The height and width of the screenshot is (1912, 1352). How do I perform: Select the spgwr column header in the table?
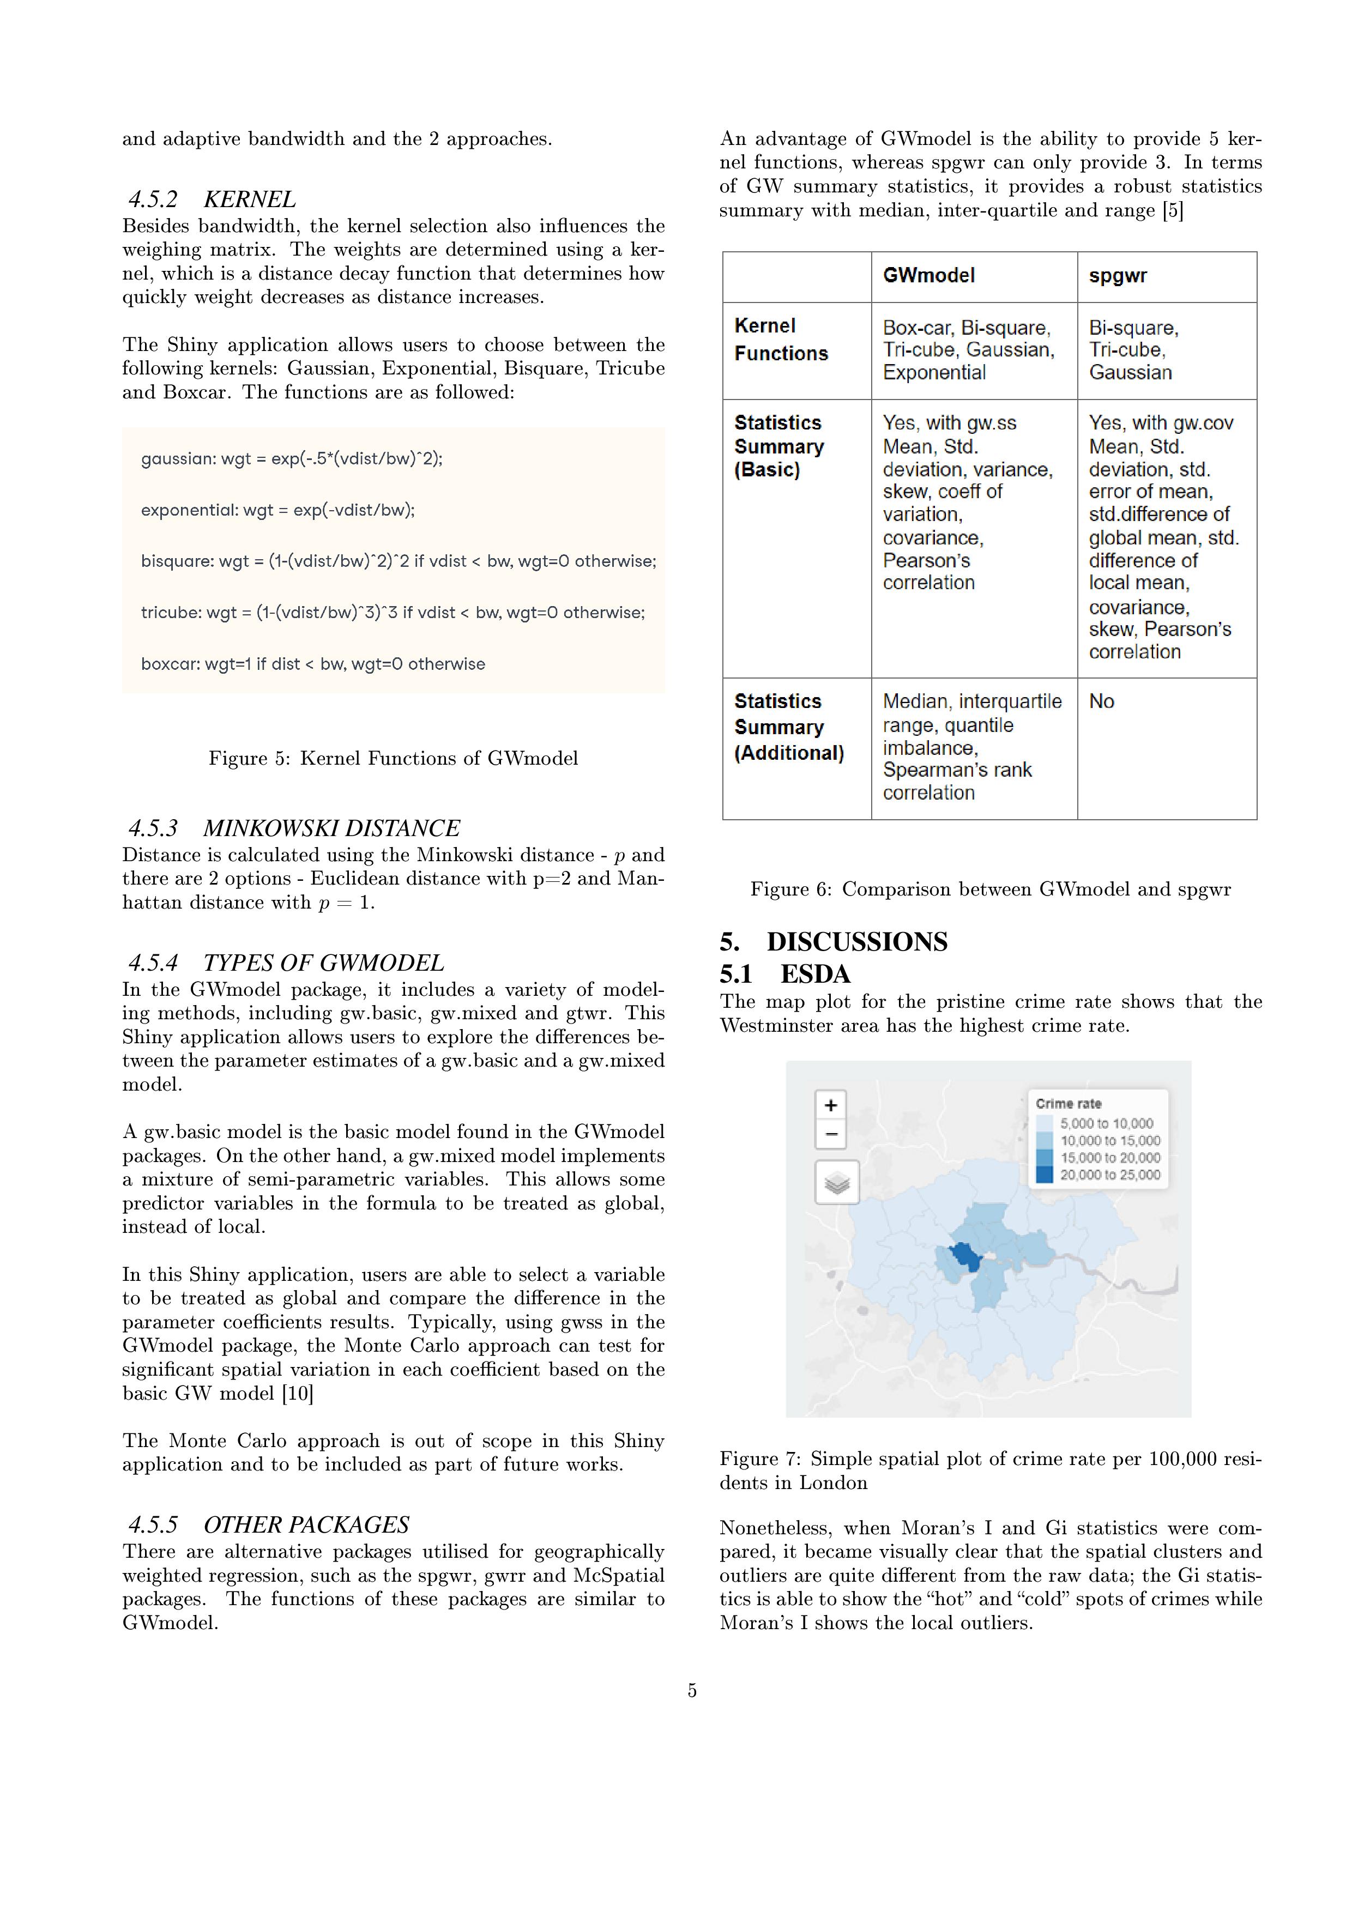pyautogui.click(x=1117, y=276)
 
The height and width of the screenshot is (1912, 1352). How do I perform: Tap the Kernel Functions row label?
pyautogui.click(x=781, y=340)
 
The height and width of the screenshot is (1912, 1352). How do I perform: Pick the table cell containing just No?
pyautogui.click(x=1101, y=701)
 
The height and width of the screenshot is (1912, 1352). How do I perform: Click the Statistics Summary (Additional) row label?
pyautogui.click(x=788, y=727)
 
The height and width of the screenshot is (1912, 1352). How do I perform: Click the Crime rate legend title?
pyautogui.click(x=1068, y=1103)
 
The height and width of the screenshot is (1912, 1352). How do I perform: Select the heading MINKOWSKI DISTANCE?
pyautogui.click(x=331, y=828)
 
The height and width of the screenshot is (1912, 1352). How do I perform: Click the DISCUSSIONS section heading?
pyautogui.click(x=856, y=942)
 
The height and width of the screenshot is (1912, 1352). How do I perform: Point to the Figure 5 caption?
pyautogui.click(x=393, y=758)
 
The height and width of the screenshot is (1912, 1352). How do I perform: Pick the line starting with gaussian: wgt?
pyautogui.click(x=292, y=458)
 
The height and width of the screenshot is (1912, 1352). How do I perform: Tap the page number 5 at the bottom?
pyautogui.click(x=691, y=1691)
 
